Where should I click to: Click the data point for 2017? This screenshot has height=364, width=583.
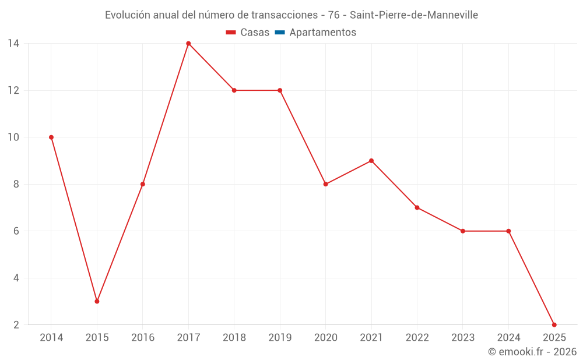188,44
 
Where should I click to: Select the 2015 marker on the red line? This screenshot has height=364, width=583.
97,301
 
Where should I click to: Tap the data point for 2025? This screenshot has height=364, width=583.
554,324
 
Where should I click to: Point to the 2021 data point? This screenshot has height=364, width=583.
371,161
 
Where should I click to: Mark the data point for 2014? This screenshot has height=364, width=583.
51,137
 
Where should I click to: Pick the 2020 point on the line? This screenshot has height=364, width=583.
325,184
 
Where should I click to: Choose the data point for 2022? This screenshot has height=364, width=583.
417,207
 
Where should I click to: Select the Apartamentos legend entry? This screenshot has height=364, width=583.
322,33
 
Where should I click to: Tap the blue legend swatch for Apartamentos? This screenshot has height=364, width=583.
280,33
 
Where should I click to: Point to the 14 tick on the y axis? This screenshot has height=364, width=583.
13,44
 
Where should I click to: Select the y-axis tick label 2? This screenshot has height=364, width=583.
16,324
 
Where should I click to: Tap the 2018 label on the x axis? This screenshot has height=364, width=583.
234,338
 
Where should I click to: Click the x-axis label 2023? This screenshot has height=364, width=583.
462,338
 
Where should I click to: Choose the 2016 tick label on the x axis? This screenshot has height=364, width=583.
143,338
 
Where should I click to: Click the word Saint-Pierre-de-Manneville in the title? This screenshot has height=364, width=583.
414,15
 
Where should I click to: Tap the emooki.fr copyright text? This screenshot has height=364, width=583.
532,352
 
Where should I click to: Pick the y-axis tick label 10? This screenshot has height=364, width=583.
13,137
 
